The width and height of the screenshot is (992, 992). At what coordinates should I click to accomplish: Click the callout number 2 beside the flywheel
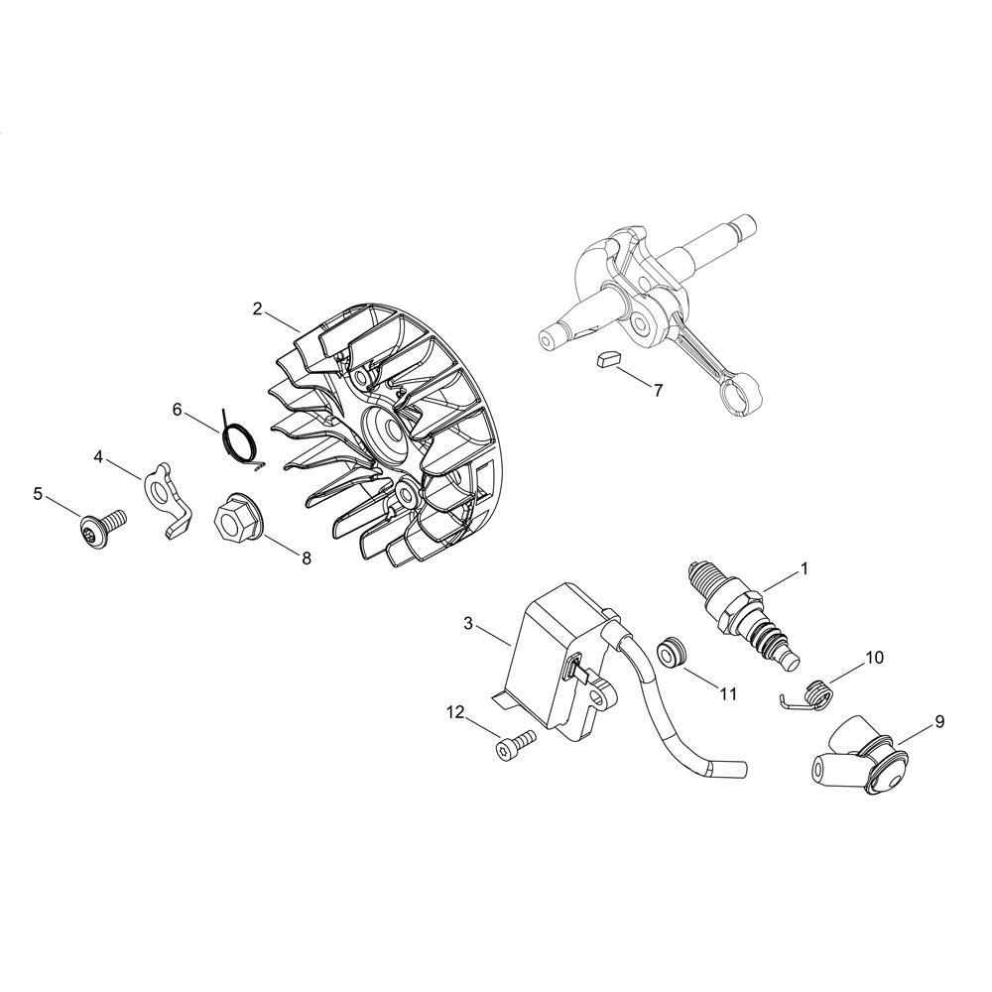click(x=258, y=309)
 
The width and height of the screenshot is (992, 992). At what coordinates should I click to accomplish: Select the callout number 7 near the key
click(x=658, y=390)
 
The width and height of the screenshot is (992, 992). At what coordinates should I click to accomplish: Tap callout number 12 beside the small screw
click(x=455, y=713)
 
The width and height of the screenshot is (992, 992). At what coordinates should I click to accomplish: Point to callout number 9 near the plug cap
click(x=939, y=721)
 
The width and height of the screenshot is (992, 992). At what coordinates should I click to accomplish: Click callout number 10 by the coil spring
click(x=874, y=658)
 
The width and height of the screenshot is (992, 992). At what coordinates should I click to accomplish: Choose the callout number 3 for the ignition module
click(x=467, y=623)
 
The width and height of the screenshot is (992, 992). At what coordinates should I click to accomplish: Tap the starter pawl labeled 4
click(x=166, y=500)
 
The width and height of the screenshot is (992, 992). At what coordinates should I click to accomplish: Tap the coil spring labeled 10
click(x=808, y=694)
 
